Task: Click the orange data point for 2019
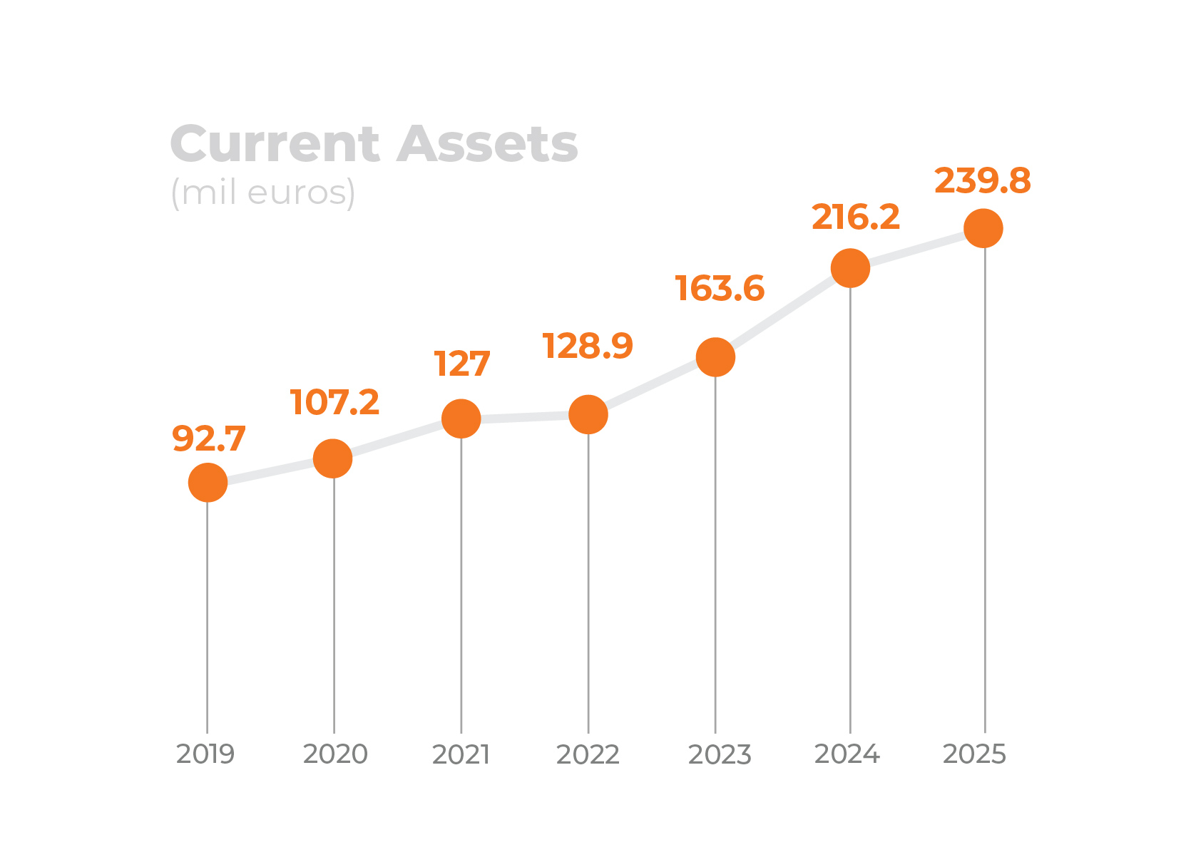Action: (x=208, y=483)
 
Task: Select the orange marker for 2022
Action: (x=588, y=414)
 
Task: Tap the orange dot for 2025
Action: (x=983, y=228)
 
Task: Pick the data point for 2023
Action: (x=715, y=356)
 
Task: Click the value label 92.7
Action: (x=209, y=438)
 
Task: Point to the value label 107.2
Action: (x=334, y=401)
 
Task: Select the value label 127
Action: (x=461, y=364)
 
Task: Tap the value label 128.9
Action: (x=587, y=346)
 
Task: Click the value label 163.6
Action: (x=720, y=288)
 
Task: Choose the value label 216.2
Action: (x=856, y=217)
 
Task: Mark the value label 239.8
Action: (x=983, y=180)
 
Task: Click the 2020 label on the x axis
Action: (x=335, y=754)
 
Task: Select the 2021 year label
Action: (x=461, y=754)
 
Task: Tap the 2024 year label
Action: (x=847, y=754)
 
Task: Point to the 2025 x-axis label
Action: (x=974, y=754)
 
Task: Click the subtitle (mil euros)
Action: (x=263, y=193)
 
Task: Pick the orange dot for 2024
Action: (x=850, y=268)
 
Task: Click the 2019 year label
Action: (x=205, y=754)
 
